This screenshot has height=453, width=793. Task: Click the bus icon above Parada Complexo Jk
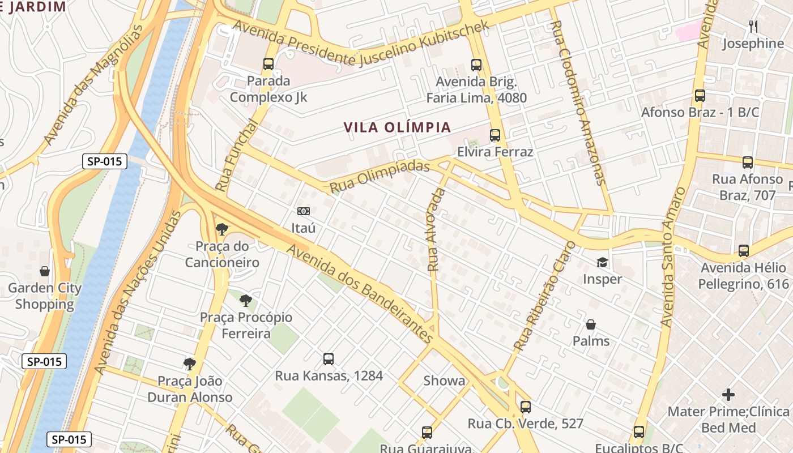[x=268, y=64]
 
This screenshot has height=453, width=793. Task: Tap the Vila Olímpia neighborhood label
[x=397, y=127]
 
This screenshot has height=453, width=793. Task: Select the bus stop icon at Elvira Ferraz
[x=495, y=135]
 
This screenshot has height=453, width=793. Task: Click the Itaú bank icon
[x=304, y=211]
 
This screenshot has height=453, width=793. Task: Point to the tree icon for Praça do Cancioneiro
[x=221, y=229]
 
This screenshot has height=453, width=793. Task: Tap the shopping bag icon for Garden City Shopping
[x=44, y=271]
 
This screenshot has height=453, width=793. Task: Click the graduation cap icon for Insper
[x=602, y=263]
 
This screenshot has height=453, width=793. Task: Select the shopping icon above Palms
[x=591, y=324]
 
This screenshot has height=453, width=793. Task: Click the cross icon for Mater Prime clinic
[x=728, y=394]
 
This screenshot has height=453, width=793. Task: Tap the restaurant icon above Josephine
[x=753, y=26]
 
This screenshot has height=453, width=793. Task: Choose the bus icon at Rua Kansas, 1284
[x=329, y=358]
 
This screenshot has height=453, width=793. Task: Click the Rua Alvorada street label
[x=436, y=229]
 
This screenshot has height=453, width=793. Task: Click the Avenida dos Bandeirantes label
[x=360, y=294]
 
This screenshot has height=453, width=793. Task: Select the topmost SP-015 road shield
[x=105, y=161]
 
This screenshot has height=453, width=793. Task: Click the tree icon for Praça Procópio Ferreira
[x=245, y=300]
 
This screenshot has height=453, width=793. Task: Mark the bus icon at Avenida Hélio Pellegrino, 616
[x=744, y=250]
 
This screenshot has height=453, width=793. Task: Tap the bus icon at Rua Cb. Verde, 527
[x=526, y=407]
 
